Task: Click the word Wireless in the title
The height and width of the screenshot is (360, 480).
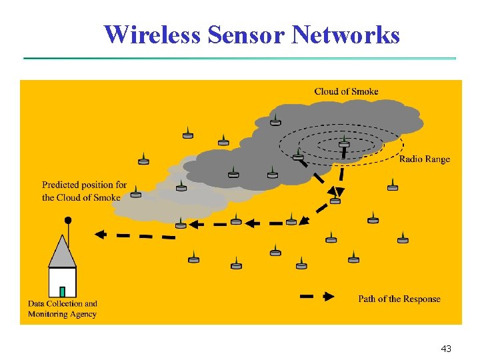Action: (x=153, y=34)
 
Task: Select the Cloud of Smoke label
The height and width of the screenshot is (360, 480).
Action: (x=346, y=91)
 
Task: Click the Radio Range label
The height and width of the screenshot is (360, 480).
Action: (x=424, y=159)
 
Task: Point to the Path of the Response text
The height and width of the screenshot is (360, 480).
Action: (x=399, y=299)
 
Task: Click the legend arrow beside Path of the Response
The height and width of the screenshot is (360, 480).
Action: (x=317, y=297)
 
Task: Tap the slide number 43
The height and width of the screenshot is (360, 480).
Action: (x=446, y=349)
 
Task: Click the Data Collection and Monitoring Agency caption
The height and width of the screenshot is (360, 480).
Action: (x=62, y=309)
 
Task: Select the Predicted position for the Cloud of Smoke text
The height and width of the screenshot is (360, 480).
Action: (x=84, y=191)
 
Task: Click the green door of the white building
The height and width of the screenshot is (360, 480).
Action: (x=62, y=291)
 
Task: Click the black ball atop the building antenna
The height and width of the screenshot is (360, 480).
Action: (x=67, y=220)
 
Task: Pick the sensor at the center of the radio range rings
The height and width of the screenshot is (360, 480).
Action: (x=344, y=143)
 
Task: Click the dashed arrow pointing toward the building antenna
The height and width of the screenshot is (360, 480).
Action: (x=133, y=235)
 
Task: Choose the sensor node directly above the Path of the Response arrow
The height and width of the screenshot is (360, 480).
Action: (x=301, y=265)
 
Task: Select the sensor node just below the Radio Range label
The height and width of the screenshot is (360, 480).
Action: (x=393, y=186)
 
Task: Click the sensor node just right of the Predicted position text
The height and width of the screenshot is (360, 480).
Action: (x=136, y=193)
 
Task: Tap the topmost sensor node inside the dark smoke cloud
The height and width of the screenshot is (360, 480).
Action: (x=275, y=121)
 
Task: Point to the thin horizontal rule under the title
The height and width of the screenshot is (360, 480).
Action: (x=240, y=58)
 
